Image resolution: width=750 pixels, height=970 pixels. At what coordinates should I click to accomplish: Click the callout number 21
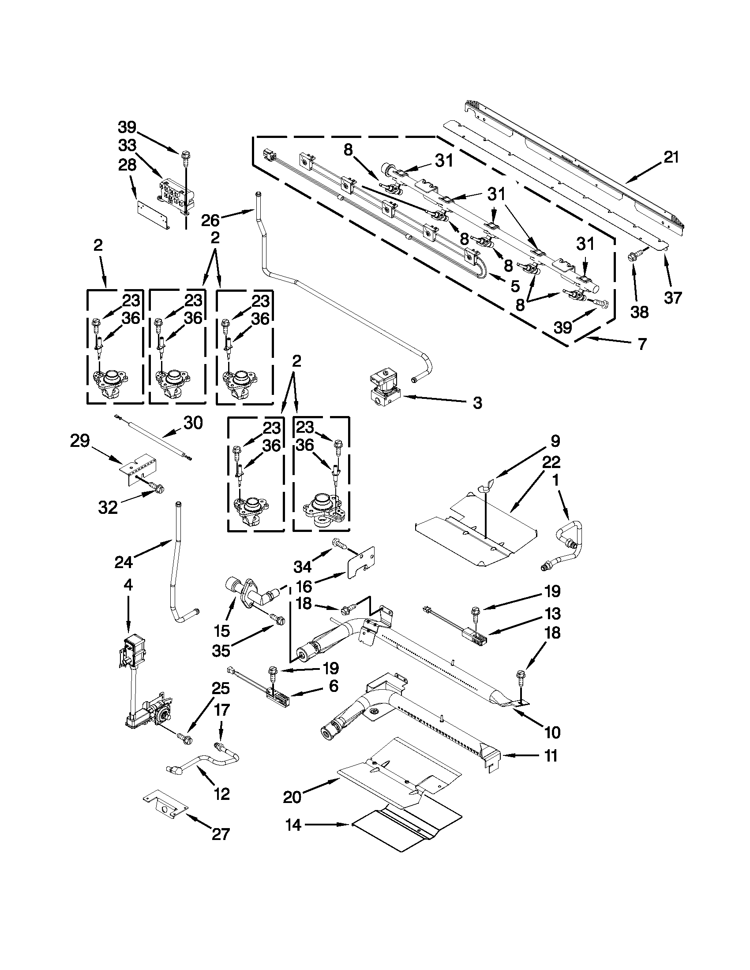671,158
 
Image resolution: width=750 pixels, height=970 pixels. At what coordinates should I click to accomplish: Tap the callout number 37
673,297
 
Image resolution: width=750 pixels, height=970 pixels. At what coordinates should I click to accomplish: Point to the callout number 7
642,344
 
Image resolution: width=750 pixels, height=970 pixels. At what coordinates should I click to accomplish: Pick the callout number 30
193,423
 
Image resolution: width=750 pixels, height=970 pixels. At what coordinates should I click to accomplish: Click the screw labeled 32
156,488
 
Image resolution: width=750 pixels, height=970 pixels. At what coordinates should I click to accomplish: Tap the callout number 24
123,562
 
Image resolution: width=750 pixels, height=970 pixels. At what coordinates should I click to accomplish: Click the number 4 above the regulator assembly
128,585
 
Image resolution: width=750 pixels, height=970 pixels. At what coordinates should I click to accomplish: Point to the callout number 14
294,825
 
